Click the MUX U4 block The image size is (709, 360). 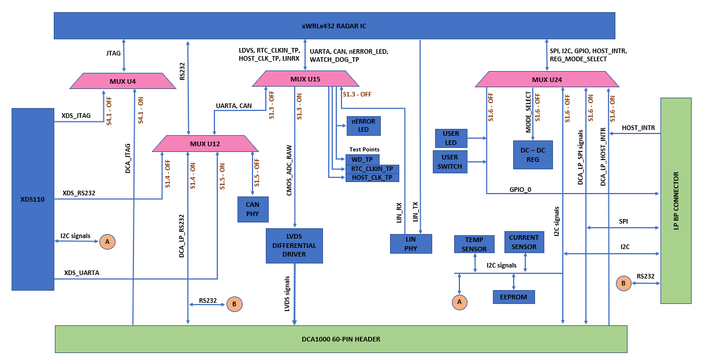click(123, 81)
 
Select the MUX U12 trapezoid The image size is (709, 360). click(206, 143)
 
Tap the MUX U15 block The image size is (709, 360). click(305, 79)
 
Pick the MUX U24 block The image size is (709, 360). click(546, 79)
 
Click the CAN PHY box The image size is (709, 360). click(253, 209)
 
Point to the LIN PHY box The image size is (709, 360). click(411, 244)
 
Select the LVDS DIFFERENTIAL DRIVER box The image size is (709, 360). click(294, 246)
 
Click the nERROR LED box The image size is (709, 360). click(363, 125)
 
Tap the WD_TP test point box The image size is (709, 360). click(362, 159)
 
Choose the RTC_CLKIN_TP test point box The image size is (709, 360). click(372, 169)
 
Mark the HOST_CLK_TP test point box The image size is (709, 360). click(372, 177)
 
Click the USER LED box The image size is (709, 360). click(451, 138)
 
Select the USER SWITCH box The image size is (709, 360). click(450, 162)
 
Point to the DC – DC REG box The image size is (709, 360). click(532, 155)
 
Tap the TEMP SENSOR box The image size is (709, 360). click(474, 244)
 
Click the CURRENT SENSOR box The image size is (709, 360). click(524, 242)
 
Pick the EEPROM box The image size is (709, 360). click(514, 297)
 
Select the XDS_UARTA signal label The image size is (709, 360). click(81, 273)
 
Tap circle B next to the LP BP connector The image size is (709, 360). click(623, 283)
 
